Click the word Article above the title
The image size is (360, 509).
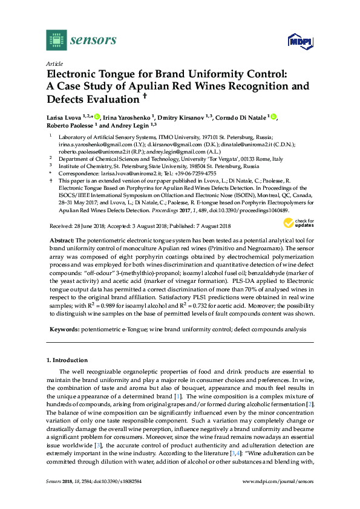click(54, 63)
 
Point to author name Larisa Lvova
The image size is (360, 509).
click(64, 117)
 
